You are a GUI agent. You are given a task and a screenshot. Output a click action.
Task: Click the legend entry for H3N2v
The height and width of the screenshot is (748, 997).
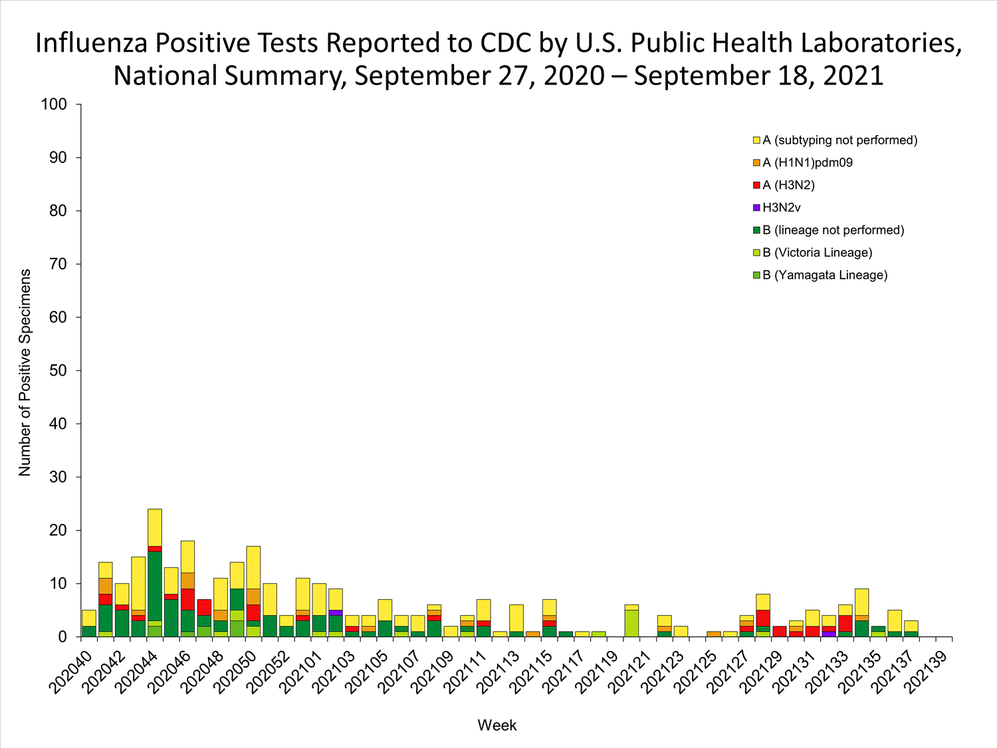[782, 207]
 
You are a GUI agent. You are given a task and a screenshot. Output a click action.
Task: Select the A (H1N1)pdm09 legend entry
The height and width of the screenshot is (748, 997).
[807, 162]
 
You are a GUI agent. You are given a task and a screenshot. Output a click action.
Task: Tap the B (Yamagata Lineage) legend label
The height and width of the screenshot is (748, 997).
[824, 275]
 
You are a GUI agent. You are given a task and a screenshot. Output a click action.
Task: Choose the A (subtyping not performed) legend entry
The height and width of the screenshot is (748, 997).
[839, 140]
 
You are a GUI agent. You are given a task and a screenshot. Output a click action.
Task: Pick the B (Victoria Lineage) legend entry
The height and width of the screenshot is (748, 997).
[817, 253]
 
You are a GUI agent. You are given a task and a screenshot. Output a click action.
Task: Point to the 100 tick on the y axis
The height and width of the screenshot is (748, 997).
[54, 104]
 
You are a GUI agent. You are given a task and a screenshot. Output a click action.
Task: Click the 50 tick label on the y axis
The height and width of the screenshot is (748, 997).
[58, 370]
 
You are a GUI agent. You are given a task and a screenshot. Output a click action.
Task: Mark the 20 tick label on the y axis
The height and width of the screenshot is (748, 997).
[58, 530]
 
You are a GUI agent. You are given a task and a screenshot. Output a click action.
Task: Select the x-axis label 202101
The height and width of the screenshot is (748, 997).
[301, 668]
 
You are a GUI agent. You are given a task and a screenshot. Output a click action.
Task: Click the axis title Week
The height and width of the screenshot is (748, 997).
[497, 725]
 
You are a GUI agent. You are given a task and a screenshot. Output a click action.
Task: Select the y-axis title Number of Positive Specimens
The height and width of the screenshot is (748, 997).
[25, 372]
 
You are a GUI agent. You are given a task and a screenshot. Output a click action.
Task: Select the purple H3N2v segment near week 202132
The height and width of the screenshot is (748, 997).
[828, 634]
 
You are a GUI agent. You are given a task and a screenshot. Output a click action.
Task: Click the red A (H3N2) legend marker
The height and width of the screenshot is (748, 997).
[756, 185]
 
